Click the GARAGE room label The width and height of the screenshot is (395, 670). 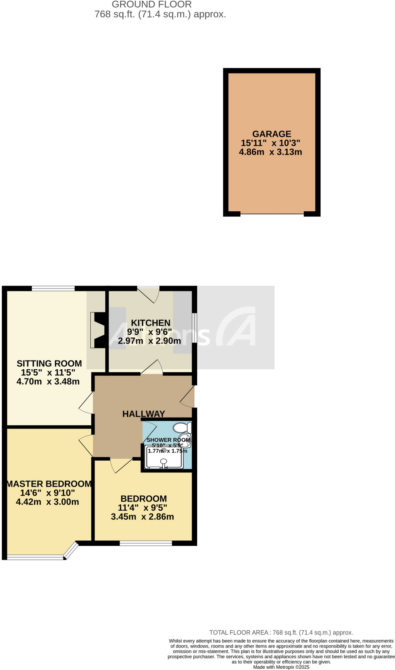click(272, 134)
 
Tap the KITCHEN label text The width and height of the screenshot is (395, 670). click(151, 323)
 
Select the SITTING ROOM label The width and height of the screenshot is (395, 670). click(49, 363)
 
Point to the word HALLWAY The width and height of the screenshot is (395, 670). click(143, 414)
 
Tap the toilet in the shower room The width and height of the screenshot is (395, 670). click(182, 428)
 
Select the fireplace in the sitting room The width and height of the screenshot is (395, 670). click(98, 330)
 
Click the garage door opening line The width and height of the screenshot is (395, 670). click(272, 214)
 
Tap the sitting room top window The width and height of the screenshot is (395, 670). click(53, 288)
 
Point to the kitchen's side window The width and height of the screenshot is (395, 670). click(194, 328)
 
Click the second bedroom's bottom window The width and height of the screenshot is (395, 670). click(146, 543)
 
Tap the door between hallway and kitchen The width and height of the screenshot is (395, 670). click(152, 368)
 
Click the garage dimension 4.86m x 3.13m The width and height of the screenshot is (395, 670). click(270, 152)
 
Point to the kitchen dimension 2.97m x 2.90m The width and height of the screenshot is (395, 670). click(149, 341)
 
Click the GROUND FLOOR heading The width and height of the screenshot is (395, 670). click(152, 5)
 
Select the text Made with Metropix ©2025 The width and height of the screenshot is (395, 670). click(281, 667)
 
